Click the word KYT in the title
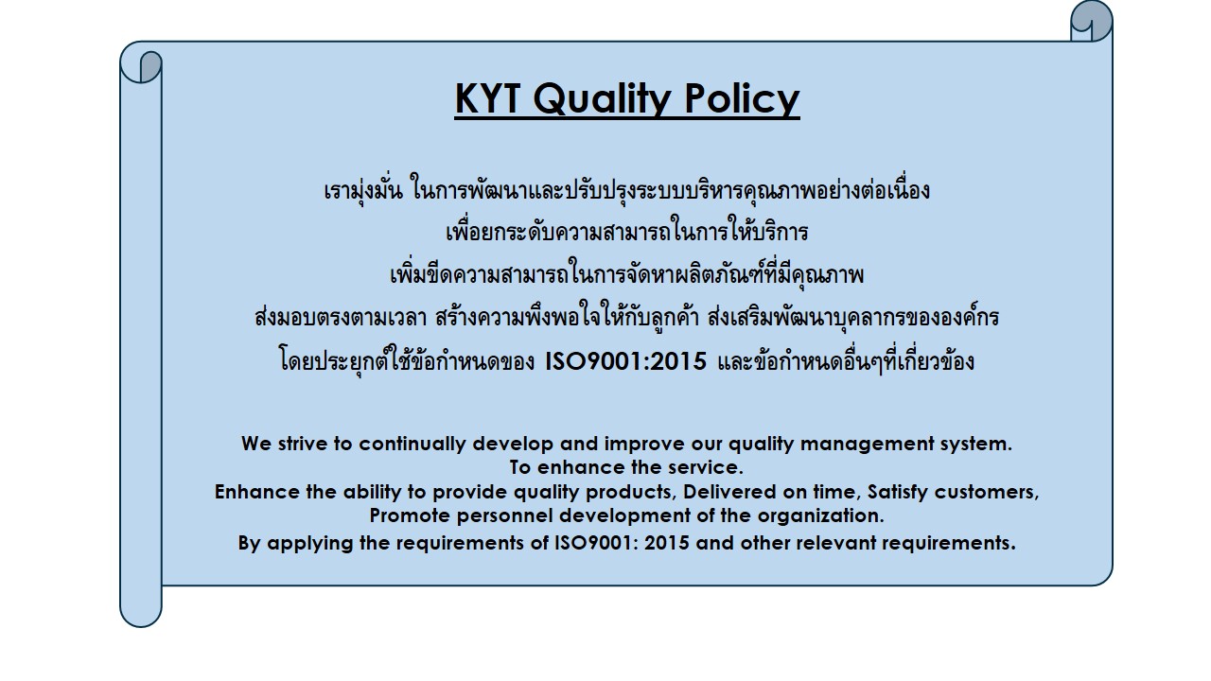(487, 98)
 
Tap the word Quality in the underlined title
(603, 100)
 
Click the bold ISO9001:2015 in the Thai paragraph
(625, 361)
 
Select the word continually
(412, 445)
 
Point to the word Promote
(410, 515)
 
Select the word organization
(820, 516)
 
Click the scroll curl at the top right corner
(1092, 22)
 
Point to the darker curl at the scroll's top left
(150, 66)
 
